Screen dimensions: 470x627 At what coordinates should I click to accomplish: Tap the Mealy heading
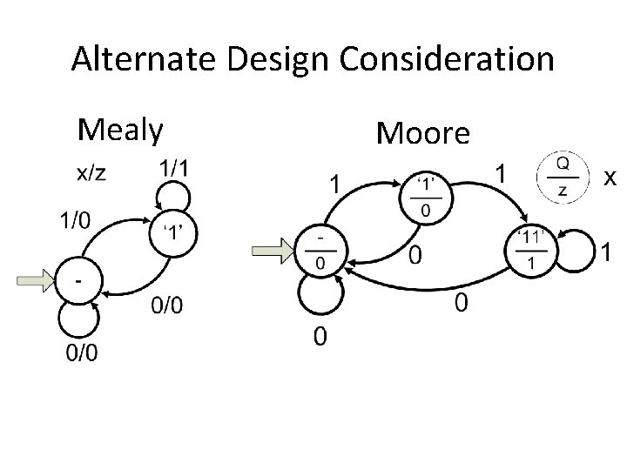[119, 129]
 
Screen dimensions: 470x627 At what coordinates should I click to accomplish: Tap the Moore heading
[422, 132]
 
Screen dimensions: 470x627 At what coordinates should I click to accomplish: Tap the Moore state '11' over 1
[529, 251]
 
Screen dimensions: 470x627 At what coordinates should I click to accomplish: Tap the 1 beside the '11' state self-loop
[606, 252]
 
